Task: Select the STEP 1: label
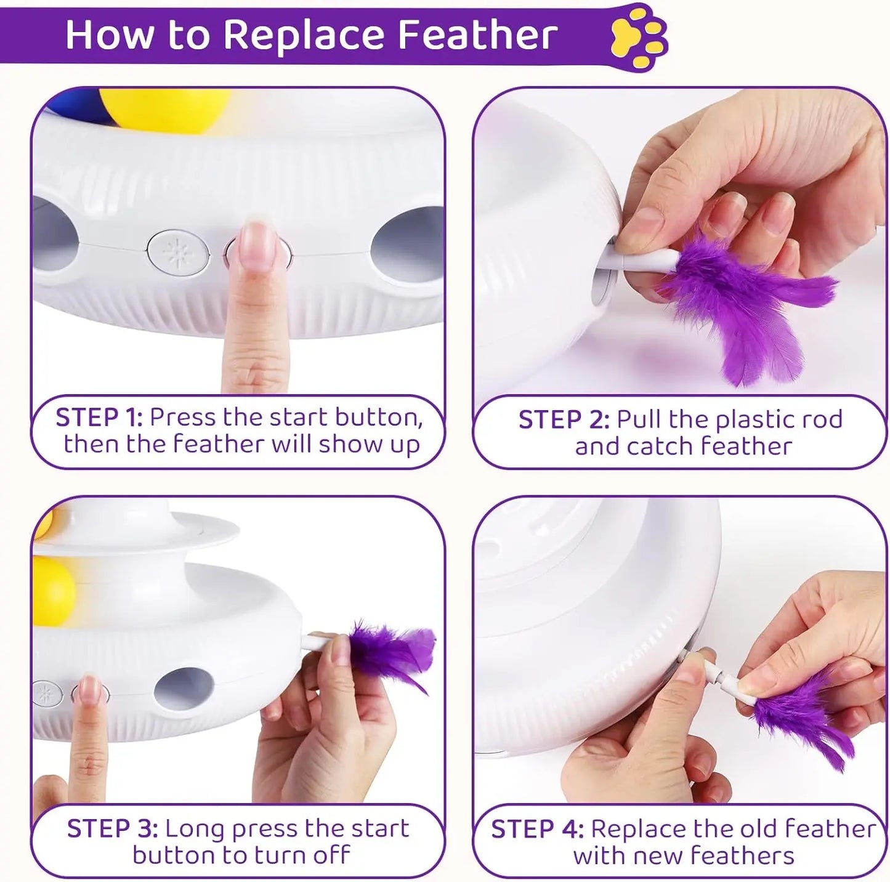(x=99, y=418)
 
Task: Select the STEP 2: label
(x=564, y=419)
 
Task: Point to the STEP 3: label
(x=111, y=828)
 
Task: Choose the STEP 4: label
(x=536, y=829)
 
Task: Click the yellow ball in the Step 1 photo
(x=163, y=108)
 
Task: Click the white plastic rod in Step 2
(x=641, y=262)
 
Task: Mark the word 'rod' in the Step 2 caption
(x=822, y=419)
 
